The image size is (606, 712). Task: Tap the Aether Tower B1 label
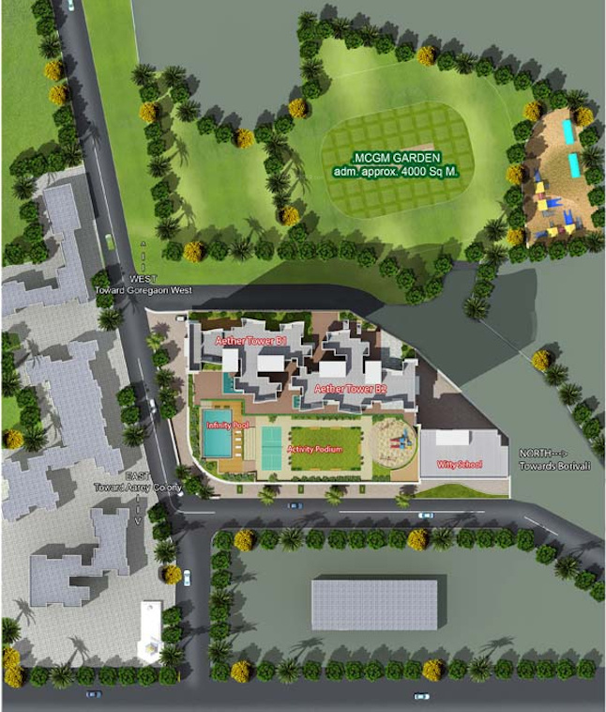tap(250, 341)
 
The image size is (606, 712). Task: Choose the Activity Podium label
tap(314, 451)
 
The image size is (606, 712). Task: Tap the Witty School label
tap(459, 465)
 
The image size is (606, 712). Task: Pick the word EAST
tap(137, 477)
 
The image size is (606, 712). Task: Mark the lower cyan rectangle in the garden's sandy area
tap(573, 165)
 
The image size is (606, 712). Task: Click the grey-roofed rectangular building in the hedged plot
tap(374, 605)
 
